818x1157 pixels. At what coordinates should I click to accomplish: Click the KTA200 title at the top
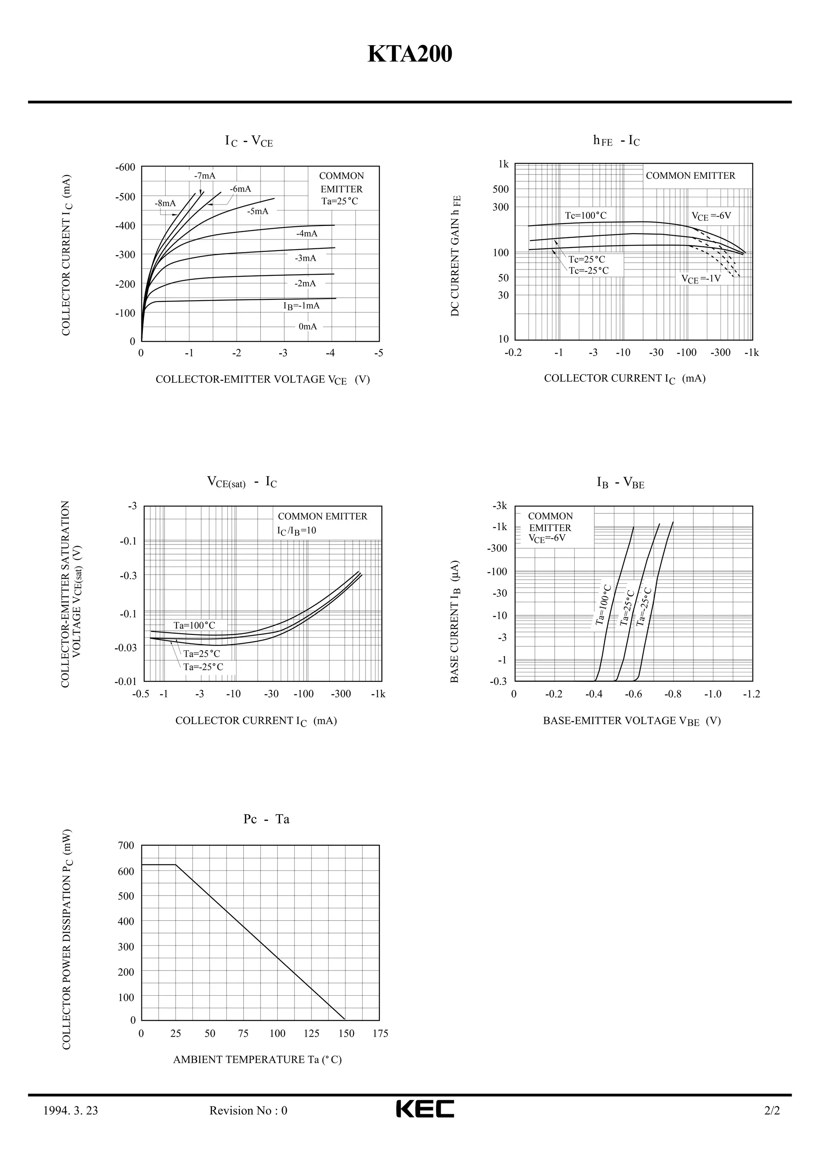(x=409, y=54)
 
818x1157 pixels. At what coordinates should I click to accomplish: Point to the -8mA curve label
(x=165, y=203)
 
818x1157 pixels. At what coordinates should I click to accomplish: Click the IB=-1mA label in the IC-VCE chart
(x=302, y=305)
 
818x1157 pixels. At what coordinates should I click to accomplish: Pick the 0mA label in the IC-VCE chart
(x=308, y=326)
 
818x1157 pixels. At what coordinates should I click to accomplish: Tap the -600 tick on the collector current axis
(x=125, y=167)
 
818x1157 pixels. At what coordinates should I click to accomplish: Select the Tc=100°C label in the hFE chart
(x=585, y=216)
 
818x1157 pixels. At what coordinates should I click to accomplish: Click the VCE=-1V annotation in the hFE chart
(x=701, y=278)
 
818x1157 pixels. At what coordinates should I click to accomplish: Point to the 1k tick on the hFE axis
(x=504, y=164)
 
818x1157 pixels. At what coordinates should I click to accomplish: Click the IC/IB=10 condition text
(x=296, y=531)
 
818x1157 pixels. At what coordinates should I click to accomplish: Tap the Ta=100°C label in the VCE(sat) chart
(x=194, y=625)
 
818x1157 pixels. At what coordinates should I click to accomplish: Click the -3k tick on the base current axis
(x=500, y=505)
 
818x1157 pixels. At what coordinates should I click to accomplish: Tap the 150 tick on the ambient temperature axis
(x=346, y=1034)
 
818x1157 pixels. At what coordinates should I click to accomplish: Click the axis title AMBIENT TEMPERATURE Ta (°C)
(x=257, y=1060)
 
